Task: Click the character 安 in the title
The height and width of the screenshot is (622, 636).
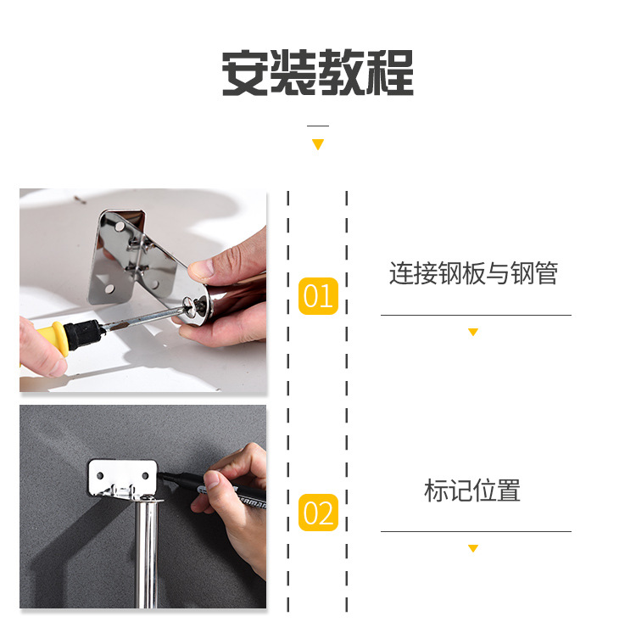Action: [246, 73]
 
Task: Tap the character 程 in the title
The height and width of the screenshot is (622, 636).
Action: [390, 73]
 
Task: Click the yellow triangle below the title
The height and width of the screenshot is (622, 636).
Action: [318, 144]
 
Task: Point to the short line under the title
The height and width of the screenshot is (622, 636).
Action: [318, 126]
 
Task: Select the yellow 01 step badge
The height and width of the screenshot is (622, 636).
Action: [318, 296]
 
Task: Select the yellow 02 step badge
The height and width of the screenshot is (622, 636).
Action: [318, 513]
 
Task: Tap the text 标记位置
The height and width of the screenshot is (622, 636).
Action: [473, 490]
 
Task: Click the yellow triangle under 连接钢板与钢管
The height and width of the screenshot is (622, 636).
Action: [473, 332]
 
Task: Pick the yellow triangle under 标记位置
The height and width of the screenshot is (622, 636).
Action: [473, 548]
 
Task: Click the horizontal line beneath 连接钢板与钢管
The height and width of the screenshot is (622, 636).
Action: [475, 315]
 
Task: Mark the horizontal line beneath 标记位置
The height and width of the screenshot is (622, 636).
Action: [475, 532]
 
